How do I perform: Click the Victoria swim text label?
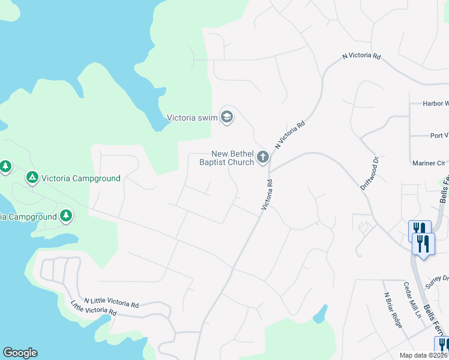coord(191,118)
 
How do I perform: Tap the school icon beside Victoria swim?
coord(227,116)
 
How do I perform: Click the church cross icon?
coord(262,158)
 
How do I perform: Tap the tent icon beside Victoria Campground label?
coord(32,178)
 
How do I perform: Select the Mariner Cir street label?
coord(428,163)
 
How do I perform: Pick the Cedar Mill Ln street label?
coord(412,300)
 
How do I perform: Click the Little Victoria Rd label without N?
coord(94,308)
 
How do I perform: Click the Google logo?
coord(20,353)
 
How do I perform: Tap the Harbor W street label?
coord(435,103)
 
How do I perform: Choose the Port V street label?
coord(439,136)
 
